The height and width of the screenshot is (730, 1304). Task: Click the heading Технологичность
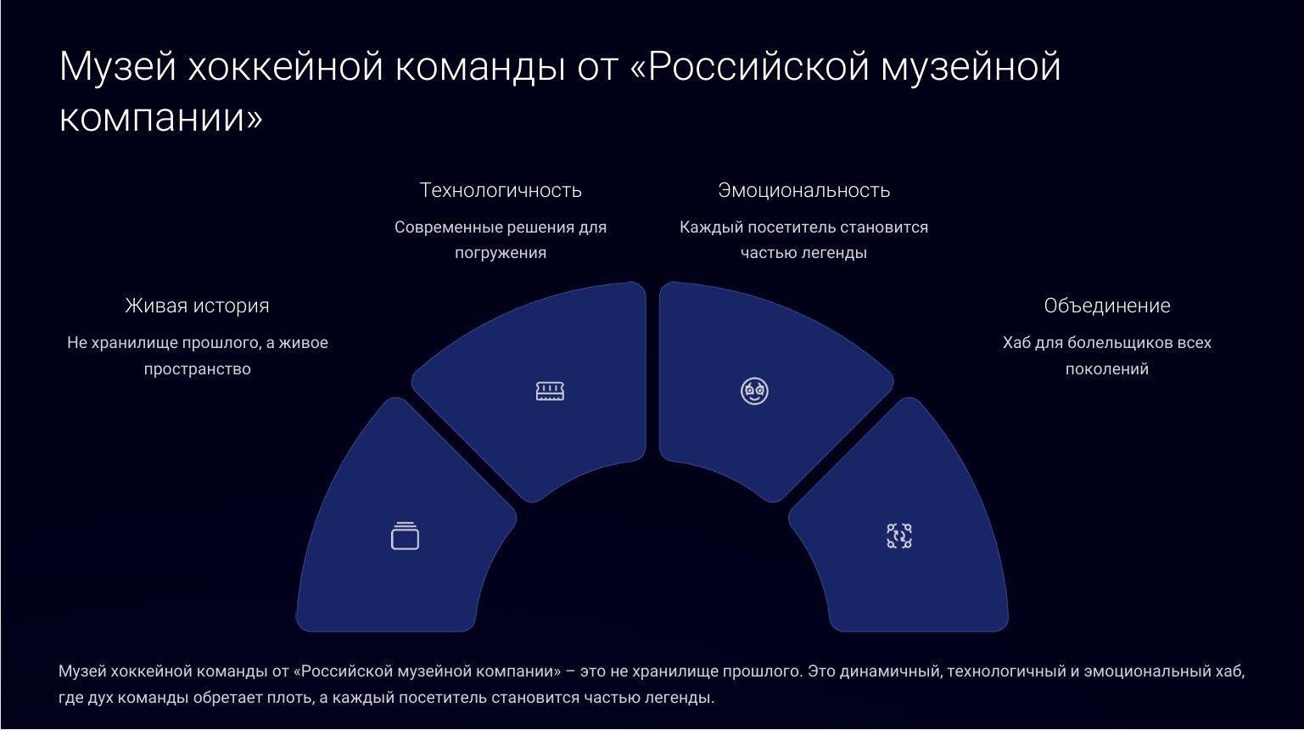pos(501,190)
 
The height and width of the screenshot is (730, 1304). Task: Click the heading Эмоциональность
pos(804,190)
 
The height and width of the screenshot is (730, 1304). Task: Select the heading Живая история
pos(198,306)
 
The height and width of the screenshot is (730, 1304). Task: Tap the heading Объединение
pos(1106,306)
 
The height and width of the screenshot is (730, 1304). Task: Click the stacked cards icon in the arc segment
pos(406,536)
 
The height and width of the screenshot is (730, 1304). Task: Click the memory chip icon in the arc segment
pos(550,391)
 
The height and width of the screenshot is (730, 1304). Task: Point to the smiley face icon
pos(754,391)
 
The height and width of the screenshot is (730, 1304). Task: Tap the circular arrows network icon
pos(899,536)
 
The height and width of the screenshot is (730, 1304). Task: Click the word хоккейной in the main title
pos(286,66)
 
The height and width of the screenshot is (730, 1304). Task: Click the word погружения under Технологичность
pos(501,254)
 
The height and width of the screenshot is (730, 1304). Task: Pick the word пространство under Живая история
pos(198,369)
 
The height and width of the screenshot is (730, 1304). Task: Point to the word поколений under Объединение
pos(1106,368)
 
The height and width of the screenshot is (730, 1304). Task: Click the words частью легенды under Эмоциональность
pos(804,253)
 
